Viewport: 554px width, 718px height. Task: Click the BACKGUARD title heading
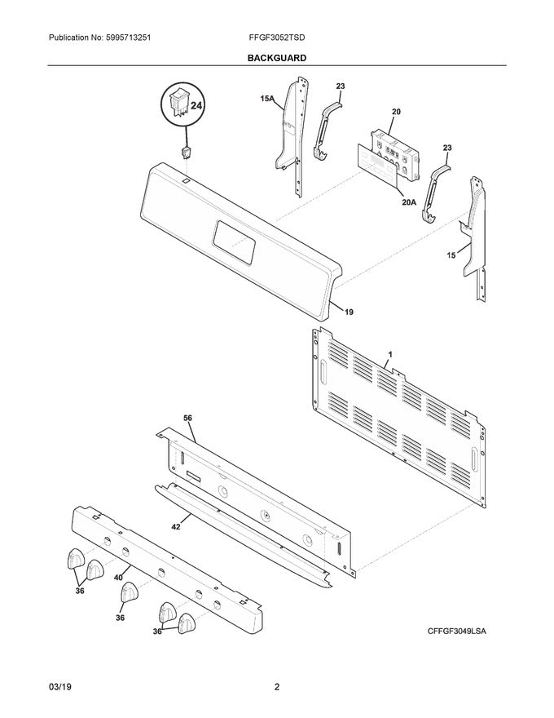coord(277,58)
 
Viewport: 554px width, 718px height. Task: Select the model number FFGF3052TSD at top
coord(277,38)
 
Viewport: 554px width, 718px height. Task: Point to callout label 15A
coord(266,99)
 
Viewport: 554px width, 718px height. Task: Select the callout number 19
coord(348,312)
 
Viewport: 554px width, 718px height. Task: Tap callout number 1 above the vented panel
coord(390,354)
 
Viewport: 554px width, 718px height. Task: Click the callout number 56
coord(187,418)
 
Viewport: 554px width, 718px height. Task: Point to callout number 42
coord(175,528)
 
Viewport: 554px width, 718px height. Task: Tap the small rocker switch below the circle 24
coord(187,153)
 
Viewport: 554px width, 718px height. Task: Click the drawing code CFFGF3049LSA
coord(462,632)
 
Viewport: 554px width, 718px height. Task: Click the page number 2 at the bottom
coord(277,687)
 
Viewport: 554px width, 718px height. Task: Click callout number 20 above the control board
coord(396,112)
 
